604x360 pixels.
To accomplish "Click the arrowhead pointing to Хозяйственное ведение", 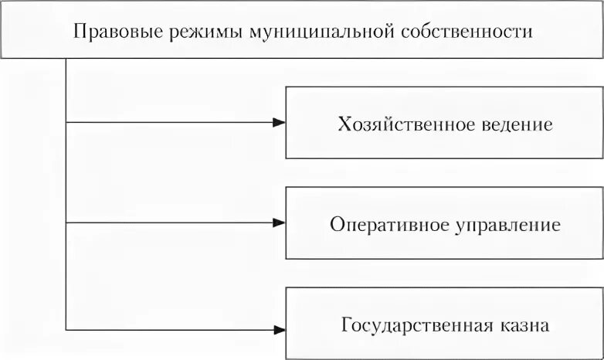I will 279,122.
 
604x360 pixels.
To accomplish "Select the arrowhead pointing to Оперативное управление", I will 279,222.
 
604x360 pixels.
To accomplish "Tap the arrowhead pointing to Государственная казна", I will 279,330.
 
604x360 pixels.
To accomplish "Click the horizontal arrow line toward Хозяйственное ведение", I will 170,122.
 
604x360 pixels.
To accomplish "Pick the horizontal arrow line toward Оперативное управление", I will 170,222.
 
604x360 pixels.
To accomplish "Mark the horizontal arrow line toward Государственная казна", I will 170,330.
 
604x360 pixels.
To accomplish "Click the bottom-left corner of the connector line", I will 66,330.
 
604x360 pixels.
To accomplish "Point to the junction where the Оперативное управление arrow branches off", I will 66,222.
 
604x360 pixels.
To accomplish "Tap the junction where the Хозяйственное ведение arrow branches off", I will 66,122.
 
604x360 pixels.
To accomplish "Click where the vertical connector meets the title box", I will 66,59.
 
